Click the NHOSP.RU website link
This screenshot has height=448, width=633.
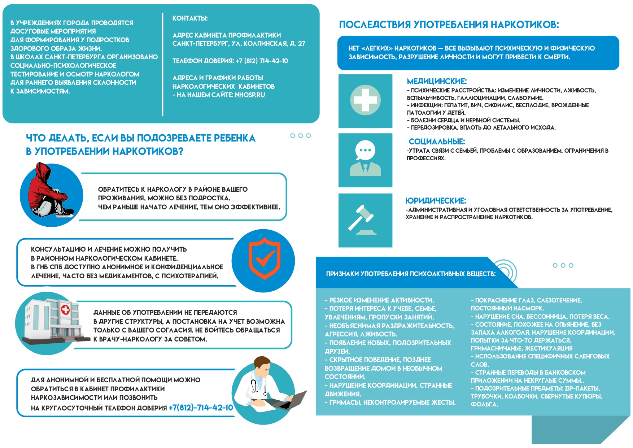250,95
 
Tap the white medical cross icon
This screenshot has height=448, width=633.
365,100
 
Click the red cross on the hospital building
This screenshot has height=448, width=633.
65,310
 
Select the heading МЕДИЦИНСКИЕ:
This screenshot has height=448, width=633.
437,81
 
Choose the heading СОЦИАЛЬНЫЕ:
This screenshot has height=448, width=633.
437,142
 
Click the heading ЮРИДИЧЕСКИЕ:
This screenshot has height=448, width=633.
436,201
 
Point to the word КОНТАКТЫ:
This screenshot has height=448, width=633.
190,18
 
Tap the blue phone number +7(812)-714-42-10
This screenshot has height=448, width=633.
201,408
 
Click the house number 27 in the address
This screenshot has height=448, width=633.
301,44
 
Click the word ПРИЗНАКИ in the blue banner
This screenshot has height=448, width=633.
342,274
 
